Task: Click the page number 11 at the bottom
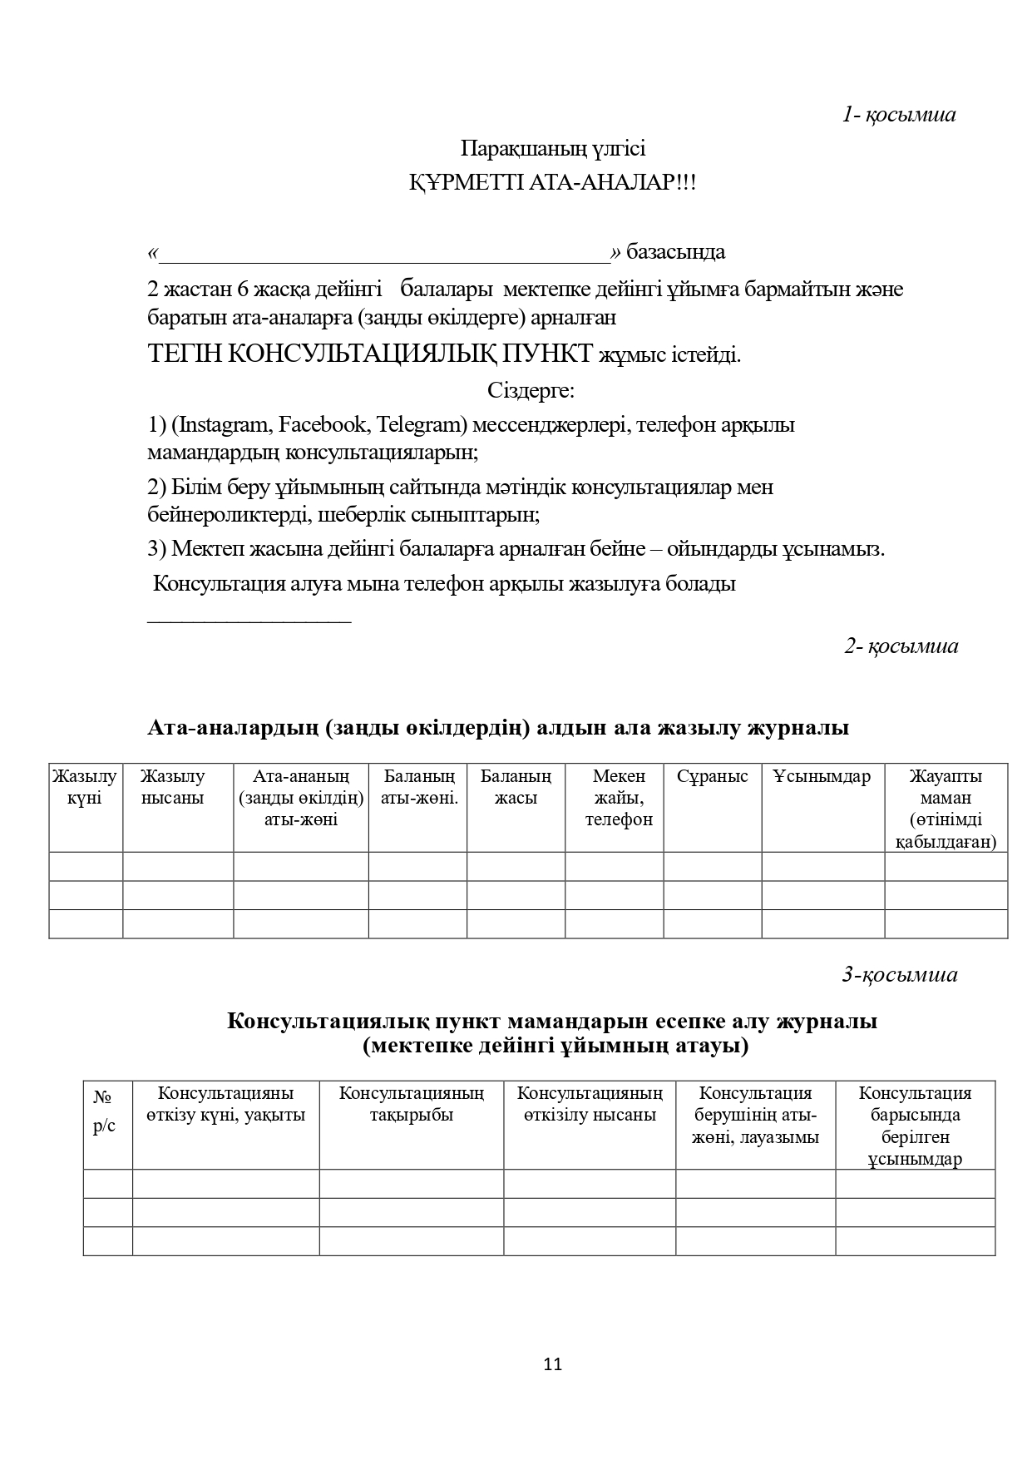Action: pos(553,1364)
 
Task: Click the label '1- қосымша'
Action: pos(899,115)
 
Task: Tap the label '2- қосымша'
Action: pos(901,646)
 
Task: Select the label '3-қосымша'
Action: pos(900,974)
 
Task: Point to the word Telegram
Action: pos(418,425)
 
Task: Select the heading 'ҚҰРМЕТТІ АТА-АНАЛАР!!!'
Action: pos(552,183)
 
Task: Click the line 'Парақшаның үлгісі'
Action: pos(553,149)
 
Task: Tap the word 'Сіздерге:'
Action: pos(531,390)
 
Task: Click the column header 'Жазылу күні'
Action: pos(85,787)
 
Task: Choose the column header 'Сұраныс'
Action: pos(712,777)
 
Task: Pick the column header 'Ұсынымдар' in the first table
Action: pos(822,777)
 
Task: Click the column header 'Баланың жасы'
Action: pos(516,787)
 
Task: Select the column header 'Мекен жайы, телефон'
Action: pos(619,798)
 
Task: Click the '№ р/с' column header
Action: pos(104,1112)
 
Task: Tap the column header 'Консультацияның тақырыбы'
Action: pos(412,1104)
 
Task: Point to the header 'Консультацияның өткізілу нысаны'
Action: pos(590,1104)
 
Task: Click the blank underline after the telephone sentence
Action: pos(249,620)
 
